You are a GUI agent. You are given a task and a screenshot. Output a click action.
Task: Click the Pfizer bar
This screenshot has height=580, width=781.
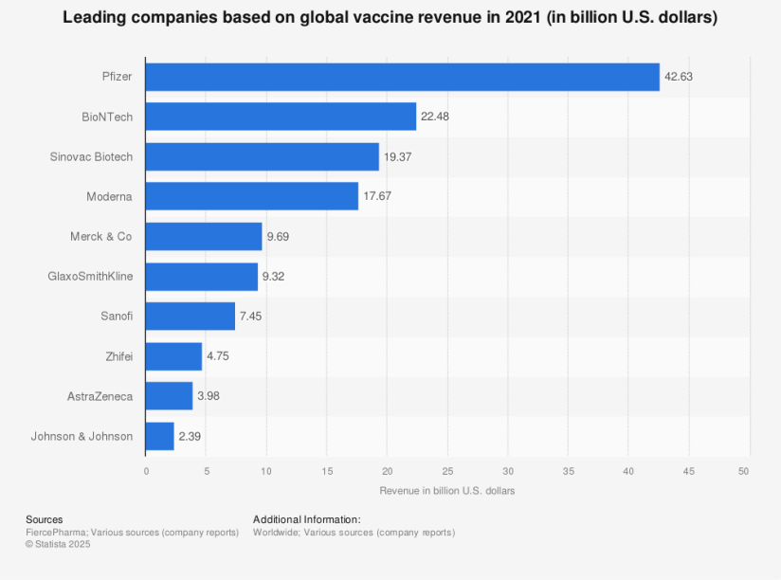point(402,77)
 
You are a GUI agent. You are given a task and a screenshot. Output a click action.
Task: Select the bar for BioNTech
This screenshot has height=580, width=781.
point(281,117)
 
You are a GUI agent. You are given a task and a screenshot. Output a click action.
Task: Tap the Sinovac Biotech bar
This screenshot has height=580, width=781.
point(262,156)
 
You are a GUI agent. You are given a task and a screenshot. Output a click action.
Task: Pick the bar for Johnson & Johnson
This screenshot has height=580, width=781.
point(159,436)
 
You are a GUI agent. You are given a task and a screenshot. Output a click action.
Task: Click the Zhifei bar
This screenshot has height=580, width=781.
point(173,356)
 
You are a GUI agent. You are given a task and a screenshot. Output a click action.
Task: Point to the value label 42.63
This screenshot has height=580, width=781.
point(679,77)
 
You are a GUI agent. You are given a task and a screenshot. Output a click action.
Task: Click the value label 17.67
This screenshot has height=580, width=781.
point(377,196)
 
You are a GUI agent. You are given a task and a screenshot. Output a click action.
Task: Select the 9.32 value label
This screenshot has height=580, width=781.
point(277,277)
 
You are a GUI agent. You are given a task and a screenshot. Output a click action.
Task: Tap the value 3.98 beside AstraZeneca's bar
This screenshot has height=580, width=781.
point(211,396)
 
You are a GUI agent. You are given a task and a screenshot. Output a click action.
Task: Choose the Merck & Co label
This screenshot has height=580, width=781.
point(101,236)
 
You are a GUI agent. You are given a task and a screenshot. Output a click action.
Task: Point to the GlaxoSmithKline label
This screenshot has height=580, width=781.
point(90,277)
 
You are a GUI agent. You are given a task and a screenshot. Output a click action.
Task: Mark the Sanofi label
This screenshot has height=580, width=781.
point(117,317)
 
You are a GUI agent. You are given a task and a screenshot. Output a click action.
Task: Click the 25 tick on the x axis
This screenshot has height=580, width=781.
point(447,471)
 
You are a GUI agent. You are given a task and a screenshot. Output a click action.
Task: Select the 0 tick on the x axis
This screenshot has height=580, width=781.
point(146,471)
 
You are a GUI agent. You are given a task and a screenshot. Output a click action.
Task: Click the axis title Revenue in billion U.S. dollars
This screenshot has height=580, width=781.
point(446,491)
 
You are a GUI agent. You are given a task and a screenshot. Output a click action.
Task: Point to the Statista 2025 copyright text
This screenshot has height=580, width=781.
point(58,544)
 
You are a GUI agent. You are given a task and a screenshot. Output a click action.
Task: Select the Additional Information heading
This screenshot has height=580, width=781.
point(306,519)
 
